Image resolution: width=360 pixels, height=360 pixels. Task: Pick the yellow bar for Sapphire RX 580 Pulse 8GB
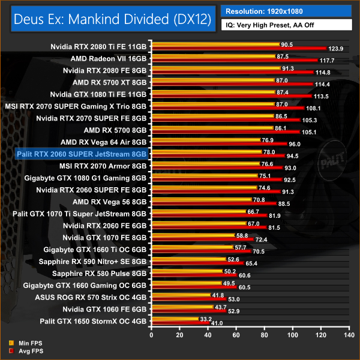184,271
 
